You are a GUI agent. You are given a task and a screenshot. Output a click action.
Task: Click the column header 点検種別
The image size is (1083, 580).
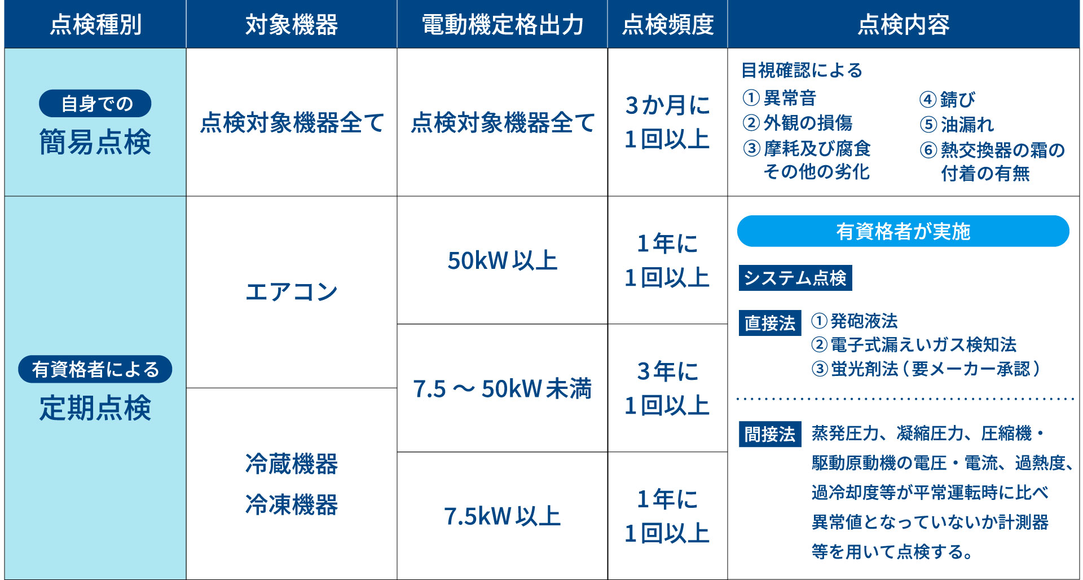95,25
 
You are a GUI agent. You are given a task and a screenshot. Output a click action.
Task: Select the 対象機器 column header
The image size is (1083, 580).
291,25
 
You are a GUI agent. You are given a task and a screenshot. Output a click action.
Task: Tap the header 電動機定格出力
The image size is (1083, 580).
502,25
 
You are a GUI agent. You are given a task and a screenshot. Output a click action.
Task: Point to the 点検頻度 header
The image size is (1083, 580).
667,25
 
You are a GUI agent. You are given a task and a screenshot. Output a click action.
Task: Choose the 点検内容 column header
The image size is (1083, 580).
903,25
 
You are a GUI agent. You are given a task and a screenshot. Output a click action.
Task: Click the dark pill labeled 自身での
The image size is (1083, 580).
95,104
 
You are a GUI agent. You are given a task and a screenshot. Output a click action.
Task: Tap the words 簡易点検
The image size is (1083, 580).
95,141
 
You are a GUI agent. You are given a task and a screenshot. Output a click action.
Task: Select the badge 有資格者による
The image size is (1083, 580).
95,369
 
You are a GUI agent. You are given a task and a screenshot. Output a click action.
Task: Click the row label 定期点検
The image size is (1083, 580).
95,408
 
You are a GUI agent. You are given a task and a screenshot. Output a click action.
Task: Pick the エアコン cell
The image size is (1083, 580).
291,292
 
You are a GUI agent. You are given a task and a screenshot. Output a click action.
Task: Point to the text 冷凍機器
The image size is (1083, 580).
291,504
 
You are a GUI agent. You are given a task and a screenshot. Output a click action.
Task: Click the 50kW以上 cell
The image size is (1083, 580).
502,260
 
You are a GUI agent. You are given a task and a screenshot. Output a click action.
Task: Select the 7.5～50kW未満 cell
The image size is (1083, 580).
502,388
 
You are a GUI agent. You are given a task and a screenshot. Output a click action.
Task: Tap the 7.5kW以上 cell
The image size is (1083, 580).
502,516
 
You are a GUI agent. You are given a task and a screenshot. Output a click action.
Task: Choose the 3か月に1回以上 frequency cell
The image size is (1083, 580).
667,122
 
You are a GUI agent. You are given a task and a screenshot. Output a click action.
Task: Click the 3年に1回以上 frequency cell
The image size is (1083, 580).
667,388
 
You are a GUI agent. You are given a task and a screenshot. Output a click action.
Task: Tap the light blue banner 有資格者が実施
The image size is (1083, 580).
903,231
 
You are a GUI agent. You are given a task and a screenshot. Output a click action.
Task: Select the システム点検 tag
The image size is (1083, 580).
795,278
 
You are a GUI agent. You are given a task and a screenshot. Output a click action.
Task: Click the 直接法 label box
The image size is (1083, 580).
770,323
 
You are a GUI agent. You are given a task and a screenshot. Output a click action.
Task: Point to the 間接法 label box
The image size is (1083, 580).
770,434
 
